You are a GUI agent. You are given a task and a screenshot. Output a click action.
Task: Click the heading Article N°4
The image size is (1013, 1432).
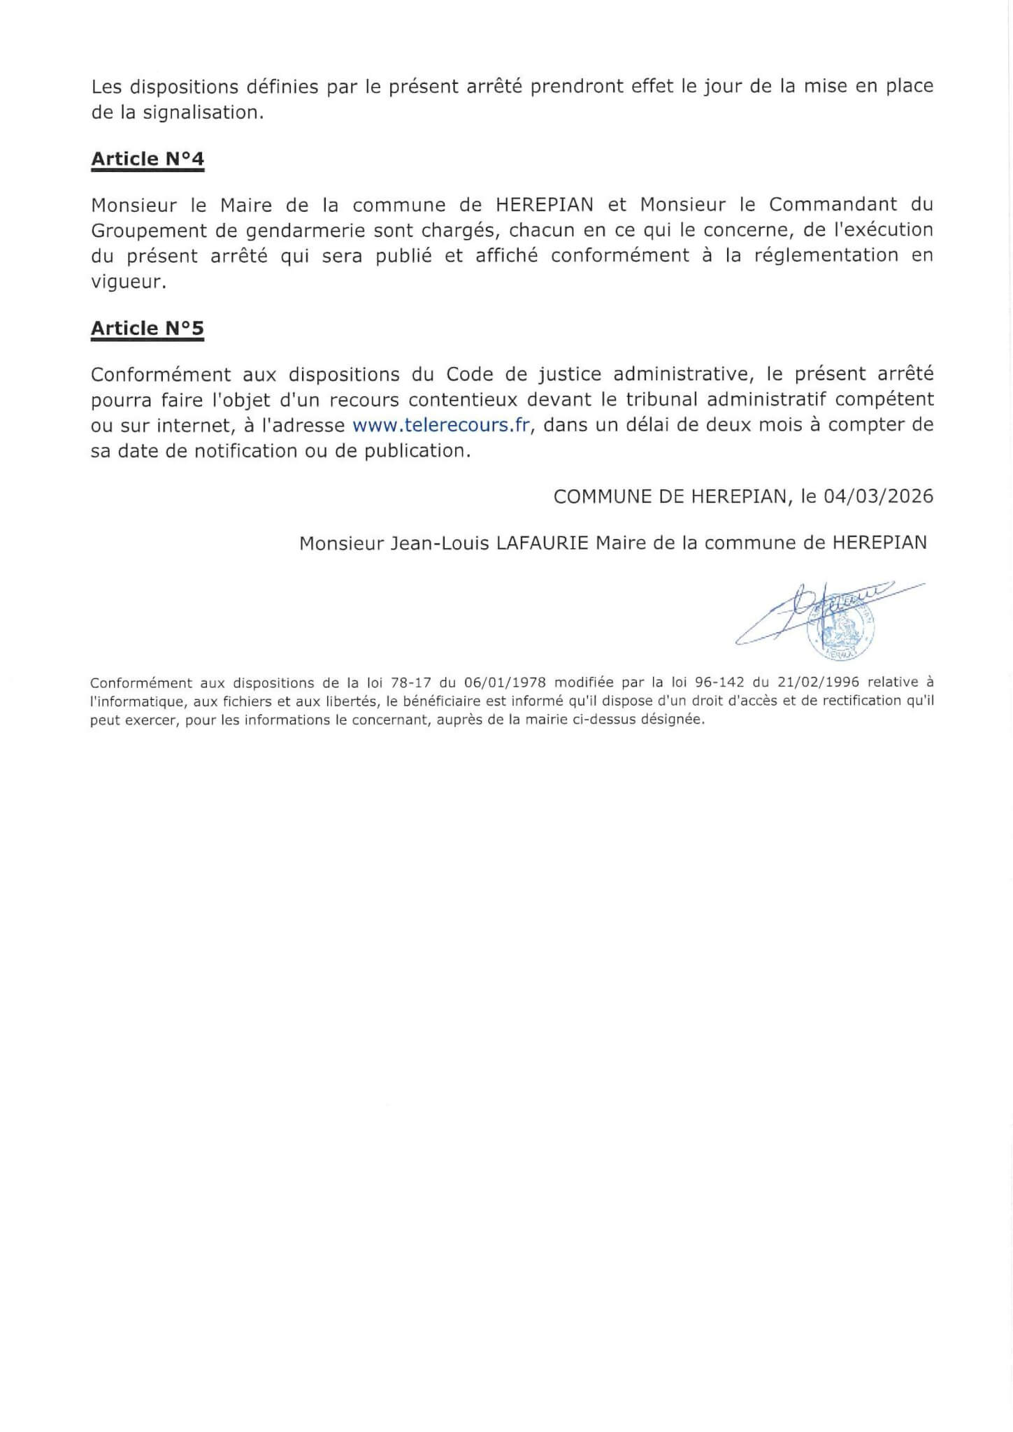(x=147, y=159)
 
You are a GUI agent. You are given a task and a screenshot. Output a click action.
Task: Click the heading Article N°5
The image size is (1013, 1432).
(x=147, y=329)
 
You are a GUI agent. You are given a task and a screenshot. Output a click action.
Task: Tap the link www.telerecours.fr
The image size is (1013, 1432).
(x=441, y=425)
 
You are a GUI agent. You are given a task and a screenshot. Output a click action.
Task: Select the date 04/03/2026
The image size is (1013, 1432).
(x=878, y=496)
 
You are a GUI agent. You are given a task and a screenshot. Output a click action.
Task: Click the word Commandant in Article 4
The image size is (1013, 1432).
(x=824, y=205)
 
